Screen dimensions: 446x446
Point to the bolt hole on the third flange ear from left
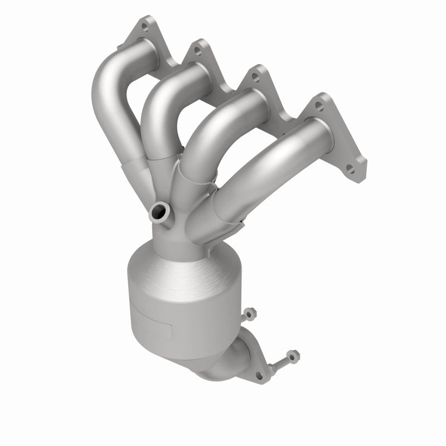[x=254, y=76]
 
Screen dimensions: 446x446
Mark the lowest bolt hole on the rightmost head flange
[x=352, y=170]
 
